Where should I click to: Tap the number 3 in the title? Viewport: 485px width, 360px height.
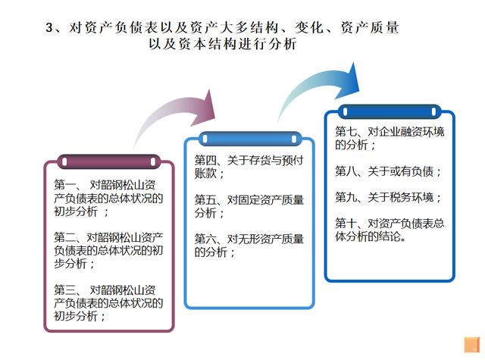click(49, 27)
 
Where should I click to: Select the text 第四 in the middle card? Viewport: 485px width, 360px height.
click(205, 160)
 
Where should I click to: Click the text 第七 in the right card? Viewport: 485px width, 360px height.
click(346, 132)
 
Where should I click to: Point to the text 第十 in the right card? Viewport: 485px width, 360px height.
click(346, 224)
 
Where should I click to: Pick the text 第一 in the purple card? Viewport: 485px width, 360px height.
click(64, 185)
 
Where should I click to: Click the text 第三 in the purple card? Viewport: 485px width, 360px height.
click(64, 290)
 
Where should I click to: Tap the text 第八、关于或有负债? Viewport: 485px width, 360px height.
click(384, 171)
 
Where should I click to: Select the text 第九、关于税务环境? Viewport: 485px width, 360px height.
click(384, 197)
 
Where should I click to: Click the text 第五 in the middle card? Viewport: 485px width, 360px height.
click(205, 200)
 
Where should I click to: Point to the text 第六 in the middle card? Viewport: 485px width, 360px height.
click(205, 239)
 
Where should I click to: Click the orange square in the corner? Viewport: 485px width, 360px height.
click(472, 345)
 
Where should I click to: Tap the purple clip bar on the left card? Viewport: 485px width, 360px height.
click(109, 161)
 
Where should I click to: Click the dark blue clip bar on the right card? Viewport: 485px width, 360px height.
click(390, 111)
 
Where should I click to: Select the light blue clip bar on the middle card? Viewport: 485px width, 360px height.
click(249, 139)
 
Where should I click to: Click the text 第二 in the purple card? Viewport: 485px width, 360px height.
click(64, 237)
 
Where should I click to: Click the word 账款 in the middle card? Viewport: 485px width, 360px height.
click(205, 174)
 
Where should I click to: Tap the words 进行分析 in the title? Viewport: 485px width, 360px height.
click(267, 44)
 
